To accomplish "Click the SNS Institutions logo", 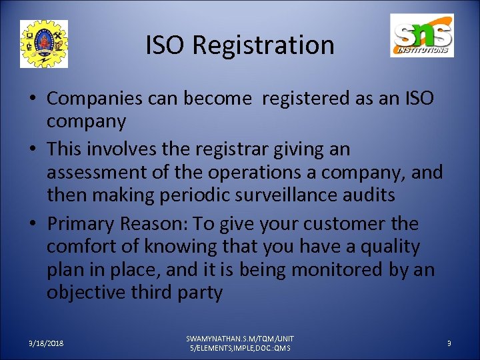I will (x=421, y=35).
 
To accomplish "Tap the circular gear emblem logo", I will (x=44, y=44).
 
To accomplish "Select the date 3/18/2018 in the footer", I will (x=47, y=343).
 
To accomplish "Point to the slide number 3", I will (x=449, y=343).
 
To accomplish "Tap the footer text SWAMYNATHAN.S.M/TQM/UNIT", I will (x=240, y=338).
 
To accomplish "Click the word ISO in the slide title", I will (x=167, y=45).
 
